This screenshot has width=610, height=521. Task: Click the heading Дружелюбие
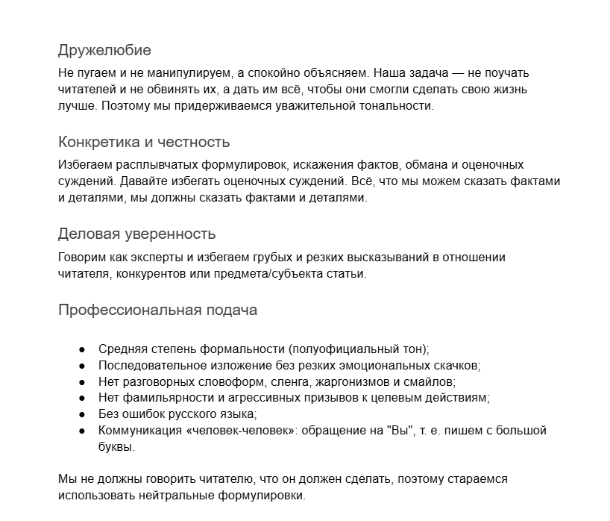point(104,51)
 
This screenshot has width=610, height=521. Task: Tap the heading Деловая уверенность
point(136,234)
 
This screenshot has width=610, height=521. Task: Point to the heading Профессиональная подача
point(157,310)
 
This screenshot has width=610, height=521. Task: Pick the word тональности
point(397,106)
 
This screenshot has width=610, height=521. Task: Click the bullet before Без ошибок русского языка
point(82,414)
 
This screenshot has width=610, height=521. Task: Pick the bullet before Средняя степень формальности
point(82,349)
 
